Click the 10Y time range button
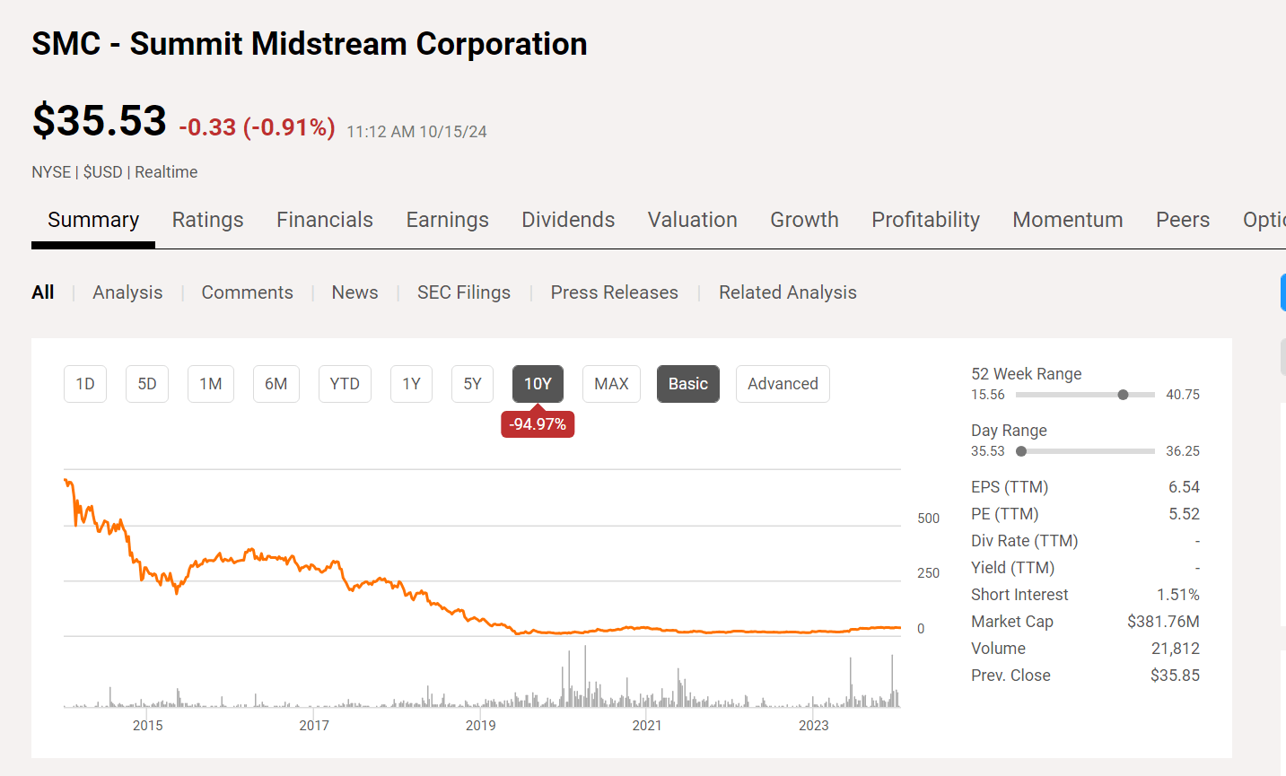[x=538, y=384]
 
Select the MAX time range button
[x=611, y=384]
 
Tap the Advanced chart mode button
[x=783, y=384]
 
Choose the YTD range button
[x=345, y=384]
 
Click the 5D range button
[x=147, y=384]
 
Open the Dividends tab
[x=568, y=220]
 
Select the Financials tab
[x=325, y=220]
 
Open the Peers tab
[x=1183, y=220]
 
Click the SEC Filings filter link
[x=464, y=292]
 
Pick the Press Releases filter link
[x=615, y=292]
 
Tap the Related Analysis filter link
[x=788, y=292]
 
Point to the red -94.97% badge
[x=538, y=424]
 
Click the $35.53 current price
[x=100, y=121]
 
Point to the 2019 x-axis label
[x=481, y=725]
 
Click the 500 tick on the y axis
[x=929, y=519]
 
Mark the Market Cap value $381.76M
[x=1163, y=622]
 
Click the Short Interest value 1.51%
[x=1177, y=595]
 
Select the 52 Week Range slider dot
[x=1123, y=395]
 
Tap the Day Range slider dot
[x=1021, y=451]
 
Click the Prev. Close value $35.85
[x=1175, y=676]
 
